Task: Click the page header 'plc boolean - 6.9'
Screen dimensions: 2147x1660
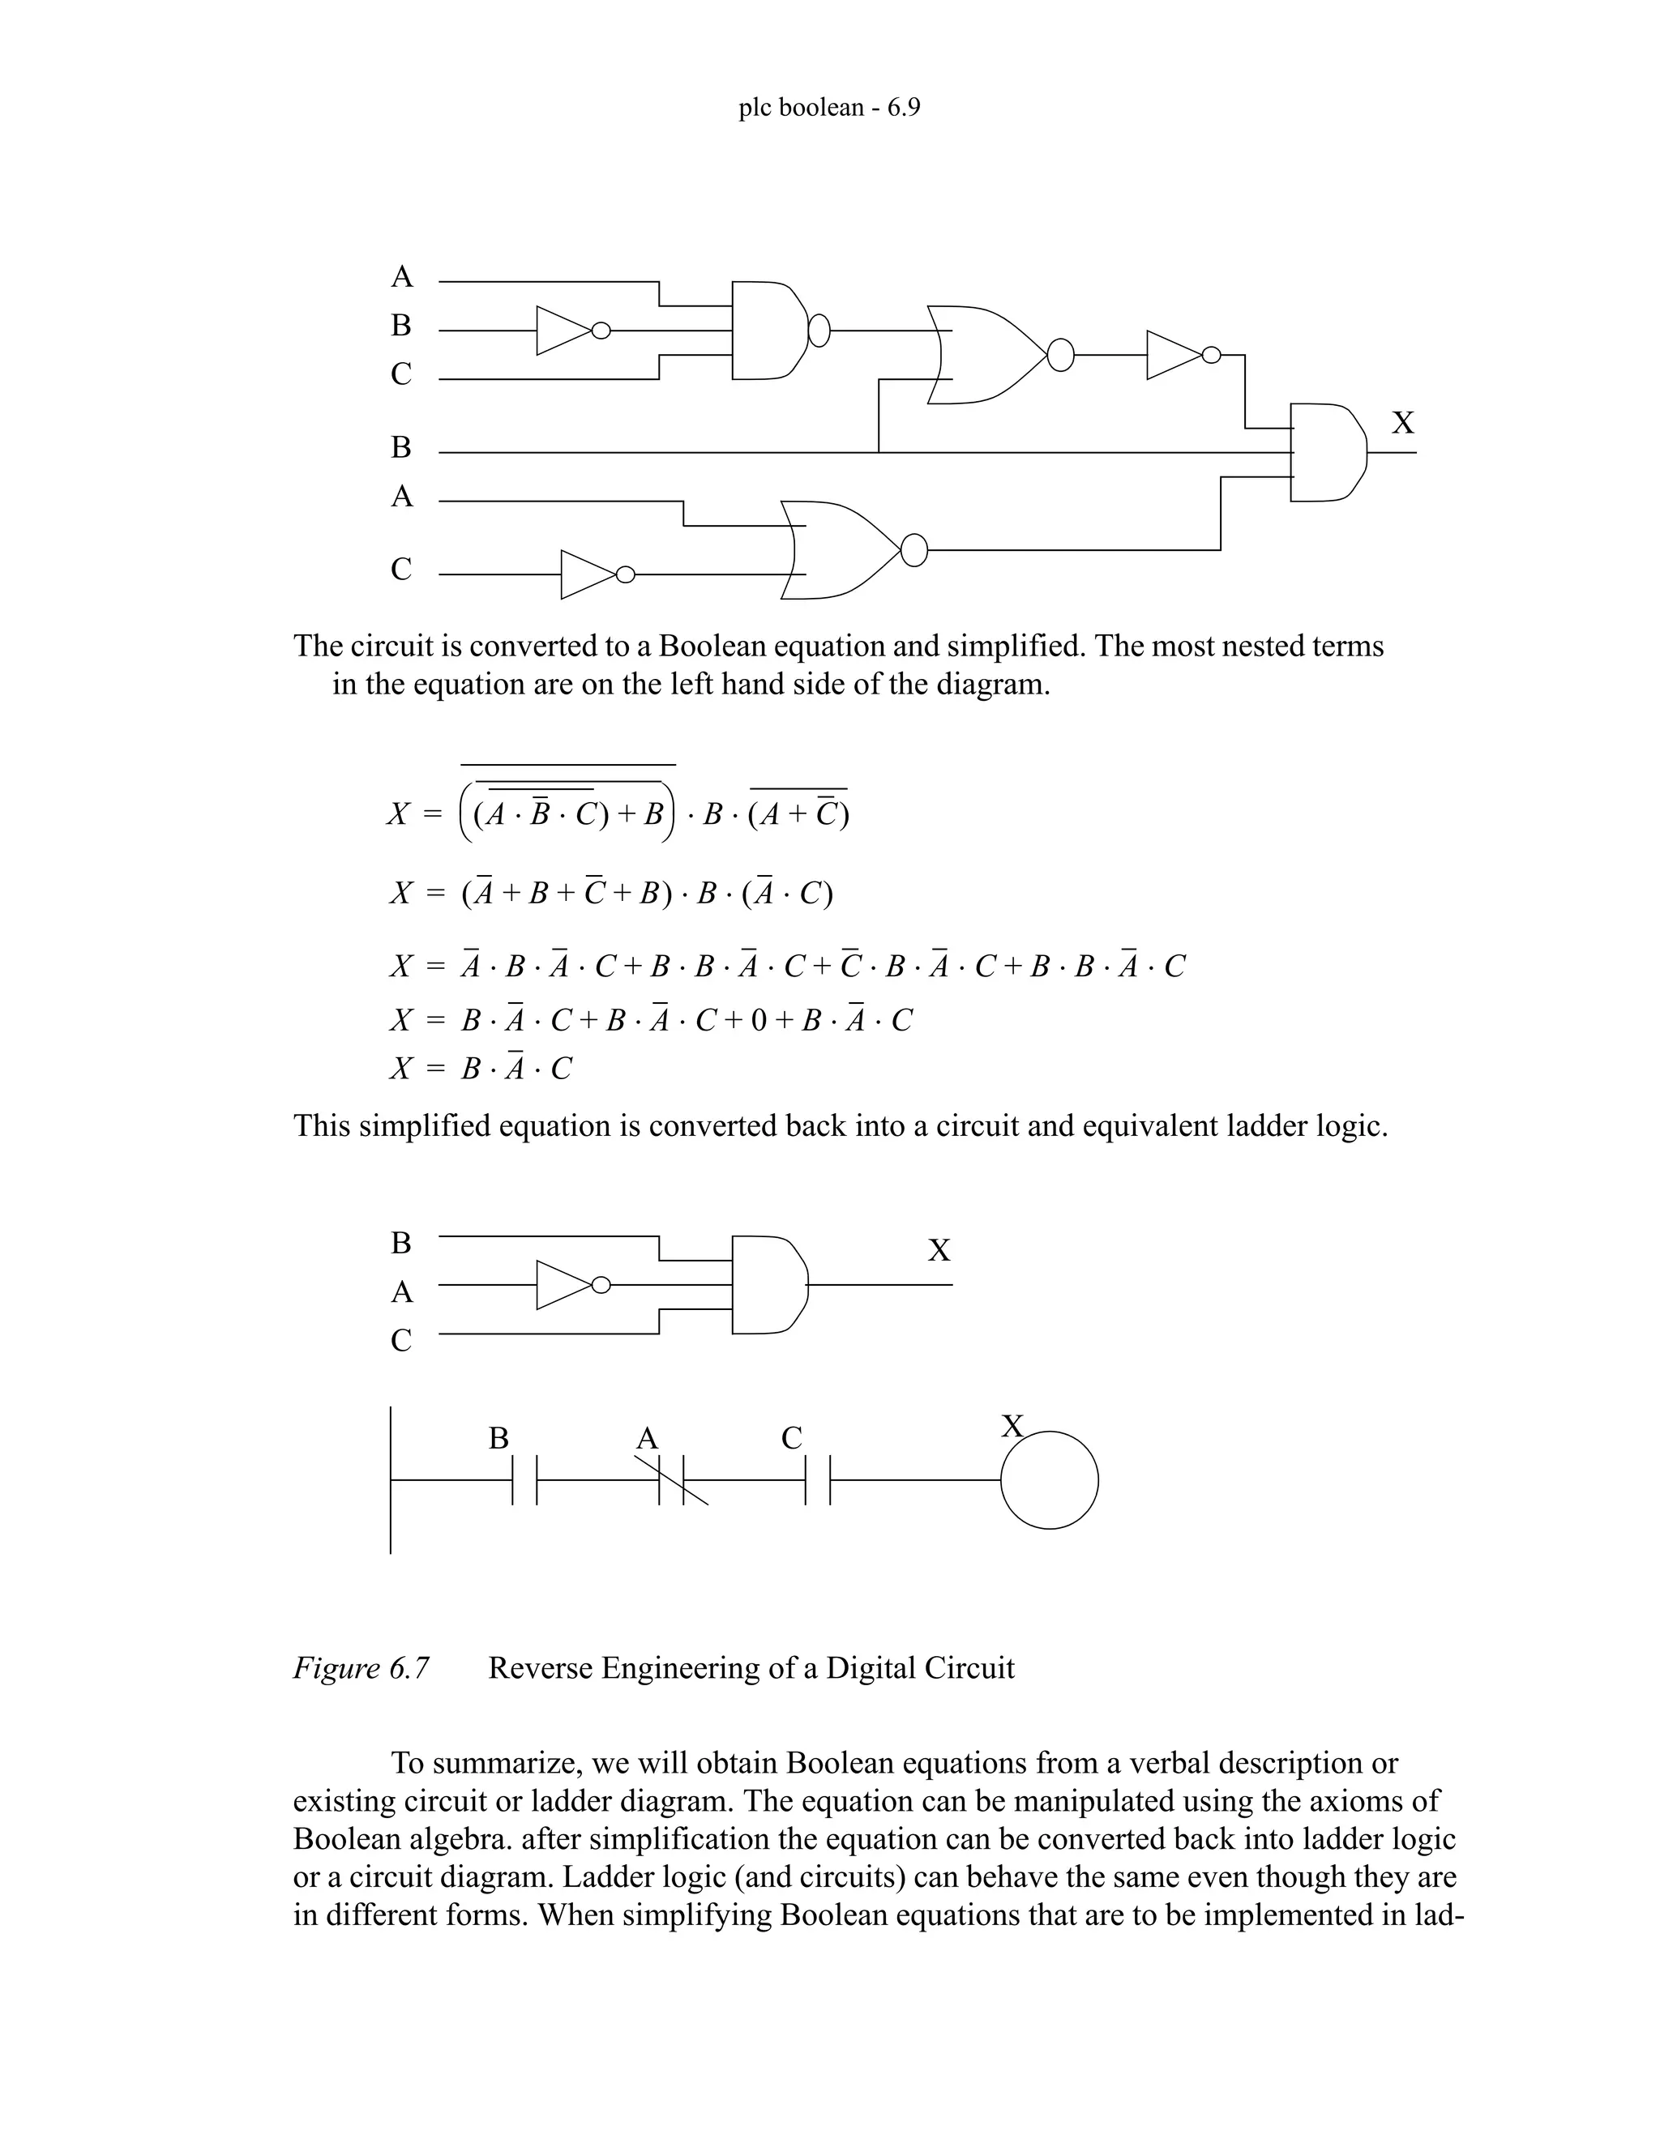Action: click(x=829, y=107)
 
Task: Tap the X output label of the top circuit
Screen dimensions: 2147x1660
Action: click(x=1402, y=423)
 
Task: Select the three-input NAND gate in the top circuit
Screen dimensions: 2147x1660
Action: click(x=770, y=331)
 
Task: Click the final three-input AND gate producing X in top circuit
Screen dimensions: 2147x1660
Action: click(x=1327, y=452)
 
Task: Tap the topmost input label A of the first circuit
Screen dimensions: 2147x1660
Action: click(x=401, y=277)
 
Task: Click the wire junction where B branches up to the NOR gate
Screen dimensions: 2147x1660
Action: click(x=878, y=453)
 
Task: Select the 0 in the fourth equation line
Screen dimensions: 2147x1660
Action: click(x=757, y=1020)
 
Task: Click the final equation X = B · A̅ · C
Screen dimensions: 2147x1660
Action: click(x=481, y=1069)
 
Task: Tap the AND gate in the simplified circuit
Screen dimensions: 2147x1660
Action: click(x=770, y=1285)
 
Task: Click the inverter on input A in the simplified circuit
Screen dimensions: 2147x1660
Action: click(x=567, y=1285)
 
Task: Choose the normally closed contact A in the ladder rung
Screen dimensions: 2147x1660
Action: click(x=672, y=1479)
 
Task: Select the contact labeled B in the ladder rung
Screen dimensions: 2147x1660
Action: click(x=525, y=1479)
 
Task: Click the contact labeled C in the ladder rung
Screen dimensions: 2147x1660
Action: click(x=817, y=1479)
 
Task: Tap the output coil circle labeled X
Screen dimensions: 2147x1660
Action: click(x=1050, y=1479)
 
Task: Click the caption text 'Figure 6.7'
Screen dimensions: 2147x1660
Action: click(x=361, y=1668)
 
